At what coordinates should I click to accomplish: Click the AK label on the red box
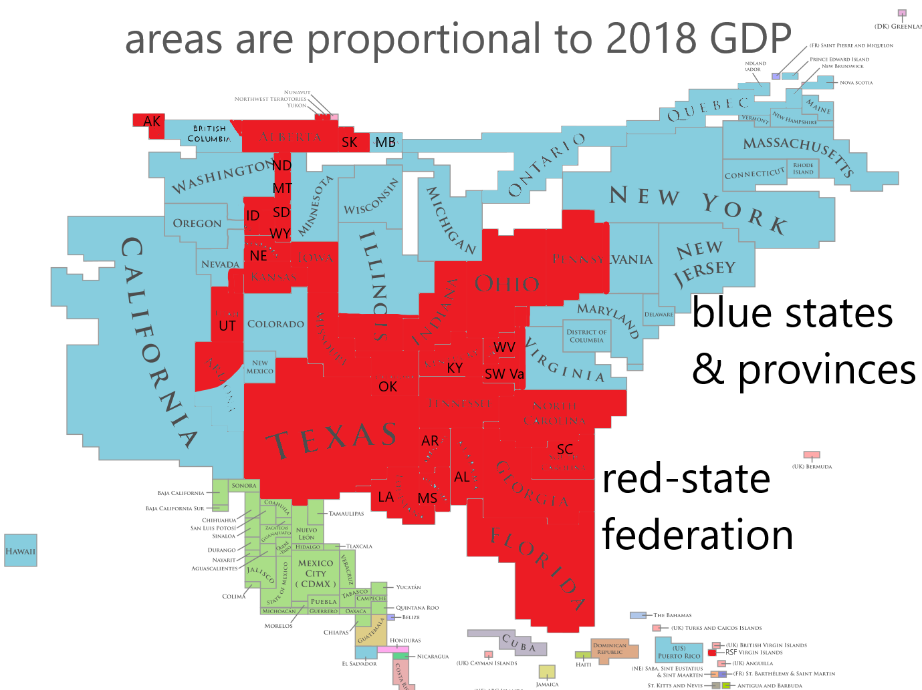click(152, 121)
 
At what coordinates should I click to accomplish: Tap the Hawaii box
click(20, 551)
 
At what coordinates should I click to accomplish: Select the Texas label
click(332, 440)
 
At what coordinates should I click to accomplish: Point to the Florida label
click(538, 567)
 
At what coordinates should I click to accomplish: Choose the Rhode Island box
click(803, 168)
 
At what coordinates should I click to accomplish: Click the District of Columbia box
click(586, 336)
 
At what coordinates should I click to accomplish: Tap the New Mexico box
click(259, 367)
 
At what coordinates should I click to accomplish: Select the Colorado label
click(275, 324)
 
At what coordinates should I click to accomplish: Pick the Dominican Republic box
click(610, 649)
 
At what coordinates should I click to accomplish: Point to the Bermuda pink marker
click(812, 456)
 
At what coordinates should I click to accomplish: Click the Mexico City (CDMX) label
click(316, 573)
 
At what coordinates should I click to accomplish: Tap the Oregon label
click(197, 224)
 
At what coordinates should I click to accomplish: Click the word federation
click(697, 535)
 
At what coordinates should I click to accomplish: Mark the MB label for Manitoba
click(386, 142)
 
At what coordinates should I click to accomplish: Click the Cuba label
click(519, 643)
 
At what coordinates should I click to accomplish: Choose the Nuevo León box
click(306, 533)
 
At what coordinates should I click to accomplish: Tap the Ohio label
click(507, 284)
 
